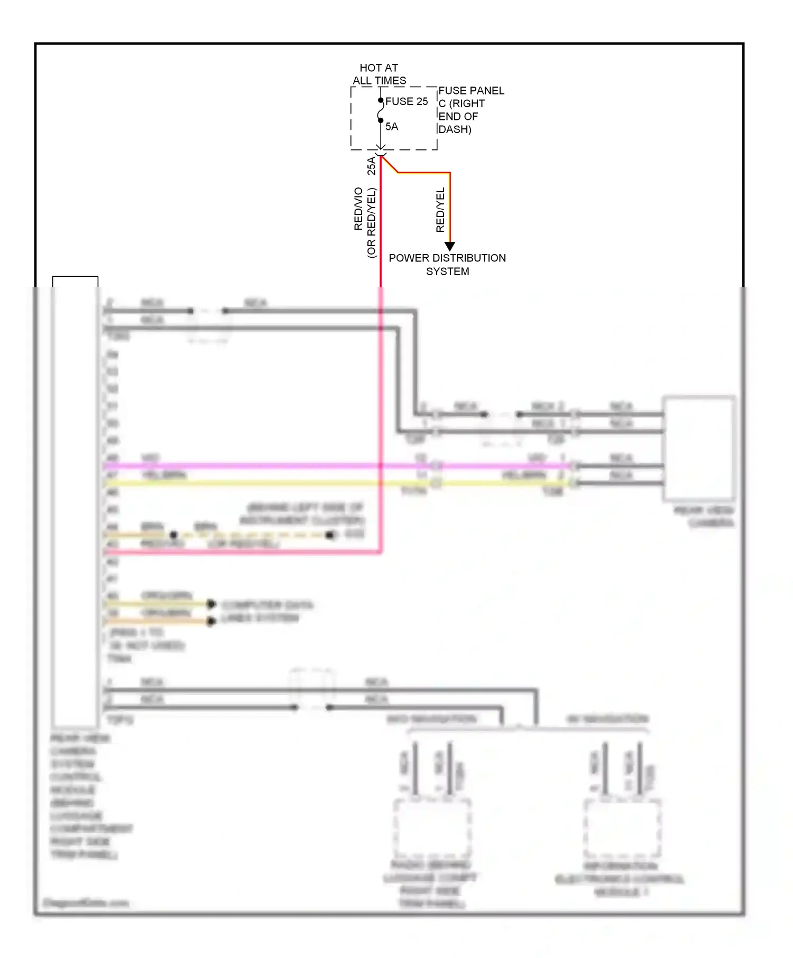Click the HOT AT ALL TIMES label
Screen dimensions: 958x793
tap(379, 74)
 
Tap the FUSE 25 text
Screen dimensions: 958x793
tap(406, 101)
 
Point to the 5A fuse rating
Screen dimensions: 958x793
tap(391, 127)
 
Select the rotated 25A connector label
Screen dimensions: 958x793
tap(372, 165)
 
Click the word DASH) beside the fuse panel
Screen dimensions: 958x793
tap(455, 129)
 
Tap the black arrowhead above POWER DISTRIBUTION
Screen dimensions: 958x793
tap(449, 246)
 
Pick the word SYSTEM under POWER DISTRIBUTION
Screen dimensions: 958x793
tap(447, 271)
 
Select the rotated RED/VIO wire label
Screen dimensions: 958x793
tap(358, 209)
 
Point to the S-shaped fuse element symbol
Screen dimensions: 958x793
tap(381, 111)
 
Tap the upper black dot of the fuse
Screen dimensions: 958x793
tap(381, 100)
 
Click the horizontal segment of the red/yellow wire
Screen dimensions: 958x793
tap(423, 172)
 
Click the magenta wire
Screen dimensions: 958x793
tap(264, 466)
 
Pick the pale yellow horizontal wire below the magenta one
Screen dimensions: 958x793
tap(264, 483)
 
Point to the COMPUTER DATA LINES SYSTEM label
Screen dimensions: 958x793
tap(267, 612)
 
